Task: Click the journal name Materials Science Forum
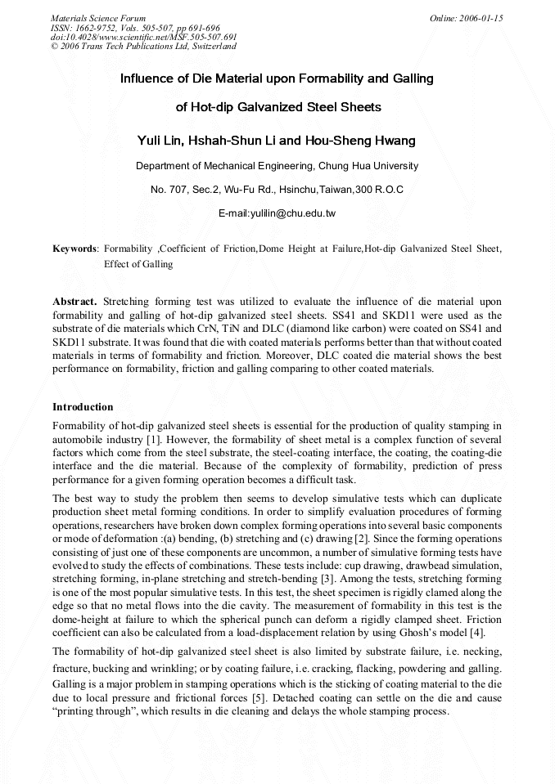point(98,18)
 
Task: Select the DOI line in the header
point(143,37)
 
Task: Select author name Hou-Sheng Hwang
point(361,141)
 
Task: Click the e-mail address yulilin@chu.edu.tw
point(277,213)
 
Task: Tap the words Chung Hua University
point(368,165)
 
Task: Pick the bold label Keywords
point(74,248)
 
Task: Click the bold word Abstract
point(74,302)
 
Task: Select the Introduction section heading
point(83,406)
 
